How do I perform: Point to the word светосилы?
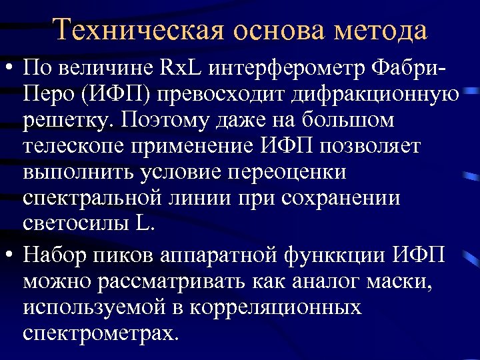coord(77,225)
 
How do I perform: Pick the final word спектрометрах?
coord(100,333)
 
